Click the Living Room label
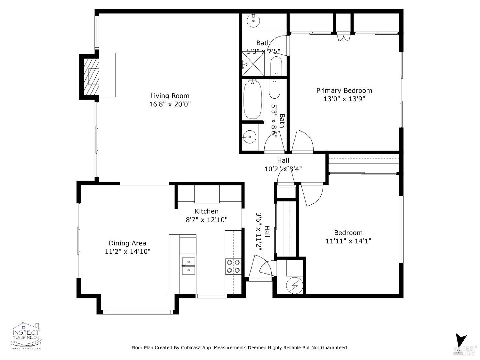tap(170, 96)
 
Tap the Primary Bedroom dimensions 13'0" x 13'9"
tap(344, 99)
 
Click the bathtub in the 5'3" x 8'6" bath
tap(252, 99)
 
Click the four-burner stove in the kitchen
tap(233, 266)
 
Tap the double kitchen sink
tap(188, 266)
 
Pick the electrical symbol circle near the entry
tap(293, 285)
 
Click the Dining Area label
tap(127, 243)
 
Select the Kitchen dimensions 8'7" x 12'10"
tap(206, 220)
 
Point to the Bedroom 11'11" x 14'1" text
tap(348, 241)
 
